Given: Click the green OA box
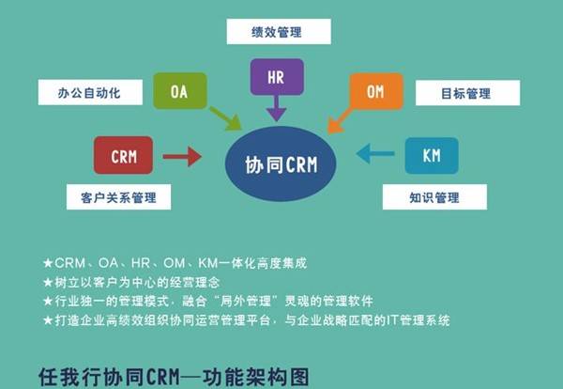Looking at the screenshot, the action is pyautogui.click(x=180, y=91).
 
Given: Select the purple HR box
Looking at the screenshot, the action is pyautogui.click(x=277, y=77).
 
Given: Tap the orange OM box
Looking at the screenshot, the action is pyautogui.click(x=376, y=91).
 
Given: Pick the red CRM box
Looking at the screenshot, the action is pyautogui.click(x=123, y=155).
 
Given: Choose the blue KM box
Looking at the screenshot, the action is pyautogui.click(x=432, y=155).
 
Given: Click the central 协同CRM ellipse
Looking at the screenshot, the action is pyautogui.click(x=281, y=163).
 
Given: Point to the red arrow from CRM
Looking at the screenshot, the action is pyautogui.click(x=182, y=156).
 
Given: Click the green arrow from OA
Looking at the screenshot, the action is pyautogui.click(x=226, y=118).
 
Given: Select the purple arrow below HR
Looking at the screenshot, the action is pyautogui.click(x=277, y=108).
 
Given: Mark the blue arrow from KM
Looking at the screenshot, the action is pyautogui.click(x=375, y=153).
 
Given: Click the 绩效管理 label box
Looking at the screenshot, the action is pyautogui.click(x=279, y=32).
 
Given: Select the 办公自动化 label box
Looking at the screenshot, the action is pyautogui.click(x=90, y=92).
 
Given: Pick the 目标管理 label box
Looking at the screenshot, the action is pyautogui.click(x=468, y=93).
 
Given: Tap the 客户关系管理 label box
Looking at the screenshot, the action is pyautogui.click(x=118, y=197).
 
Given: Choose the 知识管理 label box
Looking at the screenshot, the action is pyautogui.click(x=434, y=197).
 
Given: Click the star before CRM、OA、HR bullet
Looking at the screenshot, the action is pyautogui.click(x=48, y=263).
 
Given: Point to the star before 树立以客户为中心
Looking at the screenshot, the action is pyautogui.click(x=48, y=282).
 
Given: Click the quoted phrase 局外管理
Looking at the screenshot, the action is pyautogui.click(x=246, y=301).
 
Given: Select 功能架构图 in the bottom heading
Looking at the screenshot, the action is pyautogui.click(x=256, y=377).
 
